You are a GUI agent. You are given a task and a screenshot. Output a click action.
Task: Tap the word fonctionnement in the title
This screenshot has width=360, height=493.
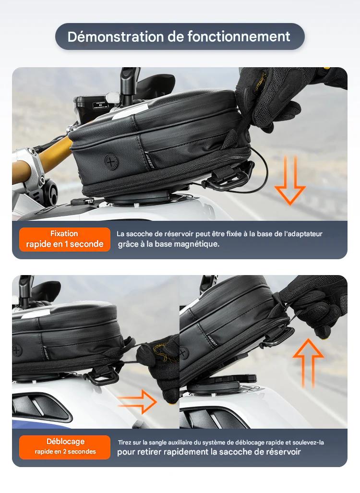(239, 36)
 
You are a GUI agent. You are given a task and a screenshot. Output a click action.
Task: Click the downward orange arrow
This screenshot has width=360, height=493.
(289, 180)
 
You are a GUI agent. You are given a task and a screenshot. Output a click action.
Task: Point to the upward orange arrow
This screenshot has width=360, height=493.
(308, 363)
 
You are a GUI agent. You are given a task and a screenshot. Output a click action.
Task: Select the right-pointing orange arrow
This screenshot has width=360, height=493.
(137, 401)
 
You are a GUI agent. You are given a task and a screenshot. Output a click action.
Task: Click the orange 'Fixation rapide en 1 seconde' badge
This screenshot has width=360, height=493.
(65, 239)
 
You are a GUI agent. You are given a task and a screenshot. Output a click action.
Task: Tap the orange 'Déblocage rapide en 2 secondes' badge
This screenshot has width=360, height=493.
(65, 447)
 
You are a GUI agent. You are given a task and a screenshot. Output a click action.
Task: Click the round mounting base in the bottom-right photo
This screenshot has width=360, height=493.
(220, 384)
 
